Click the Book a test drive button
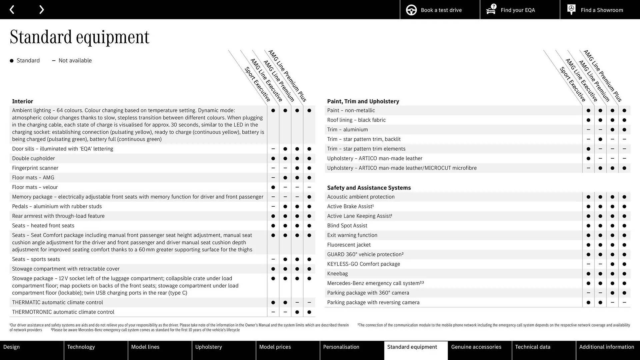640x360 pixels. pyautogui.click(x=440, y=10)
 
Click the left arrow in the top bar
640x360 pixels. pyautogui.click(x=12, y=10)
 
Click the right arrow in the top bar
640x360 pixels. pyautogui.click(x=41, y=10)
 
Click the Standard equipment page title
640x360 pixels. pyautogui.click(x=79, y=37)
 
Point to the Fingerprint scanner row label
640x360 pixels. pyautogui.click(x=35, y=168)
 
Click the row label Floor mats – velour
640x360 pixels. pyautogui.click(x=35, y=187)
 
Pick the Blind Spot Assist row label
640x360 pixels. pyautogui.click(x=347, y=226)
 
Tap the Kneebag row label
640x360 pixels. pyautogui.click(x=337, y=274)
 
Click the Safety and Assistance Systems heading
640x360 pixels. pyautogui.click(x=369, y=188)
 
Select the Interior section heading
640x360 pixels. pyautogui.click(x=22, y=101)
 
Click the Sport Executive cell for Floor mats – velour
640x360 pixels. pyautogui.click(x=273, y=187)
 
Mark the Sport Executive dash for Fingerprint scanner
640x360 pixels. pyautogui.click(x=273, y=168)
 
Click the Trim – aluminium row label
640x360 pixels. pyautogui.click(x=347, y=130)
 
